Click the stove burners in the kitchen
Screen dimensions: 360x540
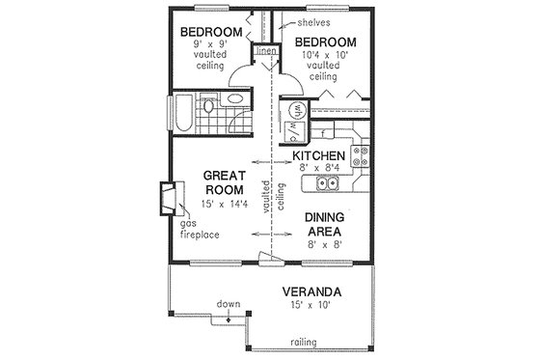364,154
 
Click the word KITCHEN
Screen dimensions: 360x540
320,153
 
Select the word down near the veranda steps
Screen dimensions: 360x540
228,306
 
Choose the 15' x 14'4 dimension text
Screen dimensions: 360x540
225,205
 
